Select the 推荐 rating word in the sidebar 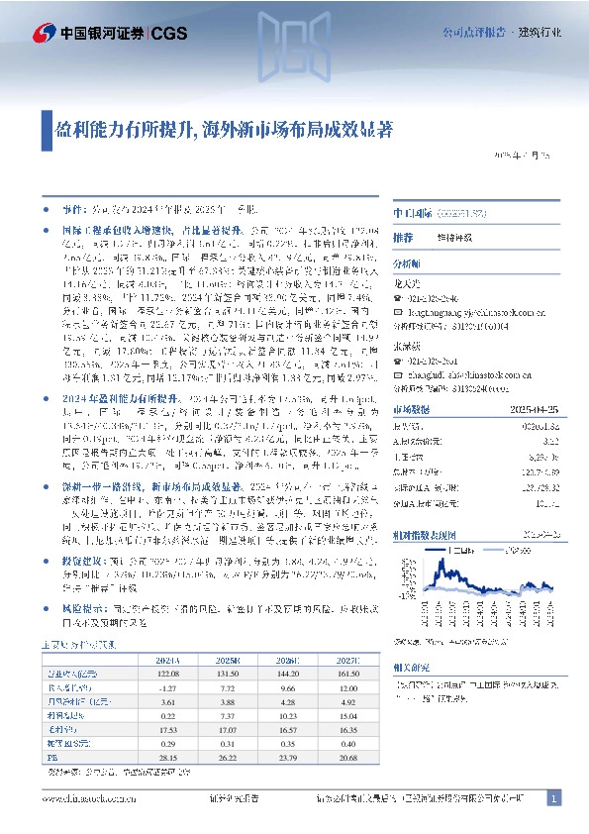[x=403, y=239]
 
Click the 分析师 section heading [x=407, y=263]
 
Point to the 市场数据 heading [x=411, y=408]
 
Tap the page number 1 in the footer [x=554, y=798]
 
